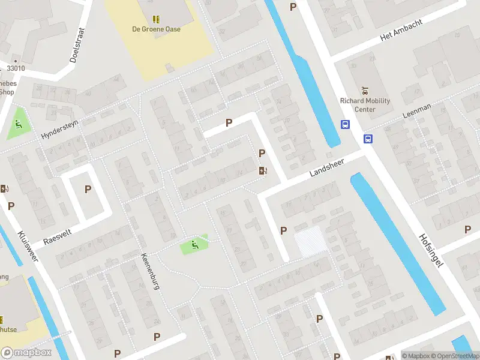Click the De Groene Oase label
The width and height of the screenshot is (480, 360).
tap(156, 29)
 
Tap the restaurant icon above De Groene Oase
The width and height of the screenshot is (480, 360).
tap(156, 19)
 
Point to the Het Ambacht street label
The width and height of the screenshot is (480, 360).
tap(401, 30)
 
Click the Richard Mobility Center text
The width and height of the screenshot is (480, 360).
tap(365, 105)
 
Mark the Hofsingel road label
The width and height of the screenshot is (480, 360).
tap(431, 250)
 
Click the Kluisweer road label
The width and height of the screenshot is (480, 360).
tap(28, 248)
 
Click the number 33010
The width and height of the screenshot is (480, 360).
tap(16, 68)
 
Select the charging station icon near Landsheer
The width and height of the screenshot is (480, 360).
tap(262, 170)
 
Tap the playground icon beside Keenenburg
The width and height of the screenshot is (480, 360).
tap(193, 244)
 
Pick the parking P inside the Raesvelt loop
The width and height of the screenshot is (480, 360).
tap(88, 189)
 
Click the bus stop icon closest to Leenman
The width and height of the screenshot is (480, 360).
tap(368, 139)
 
